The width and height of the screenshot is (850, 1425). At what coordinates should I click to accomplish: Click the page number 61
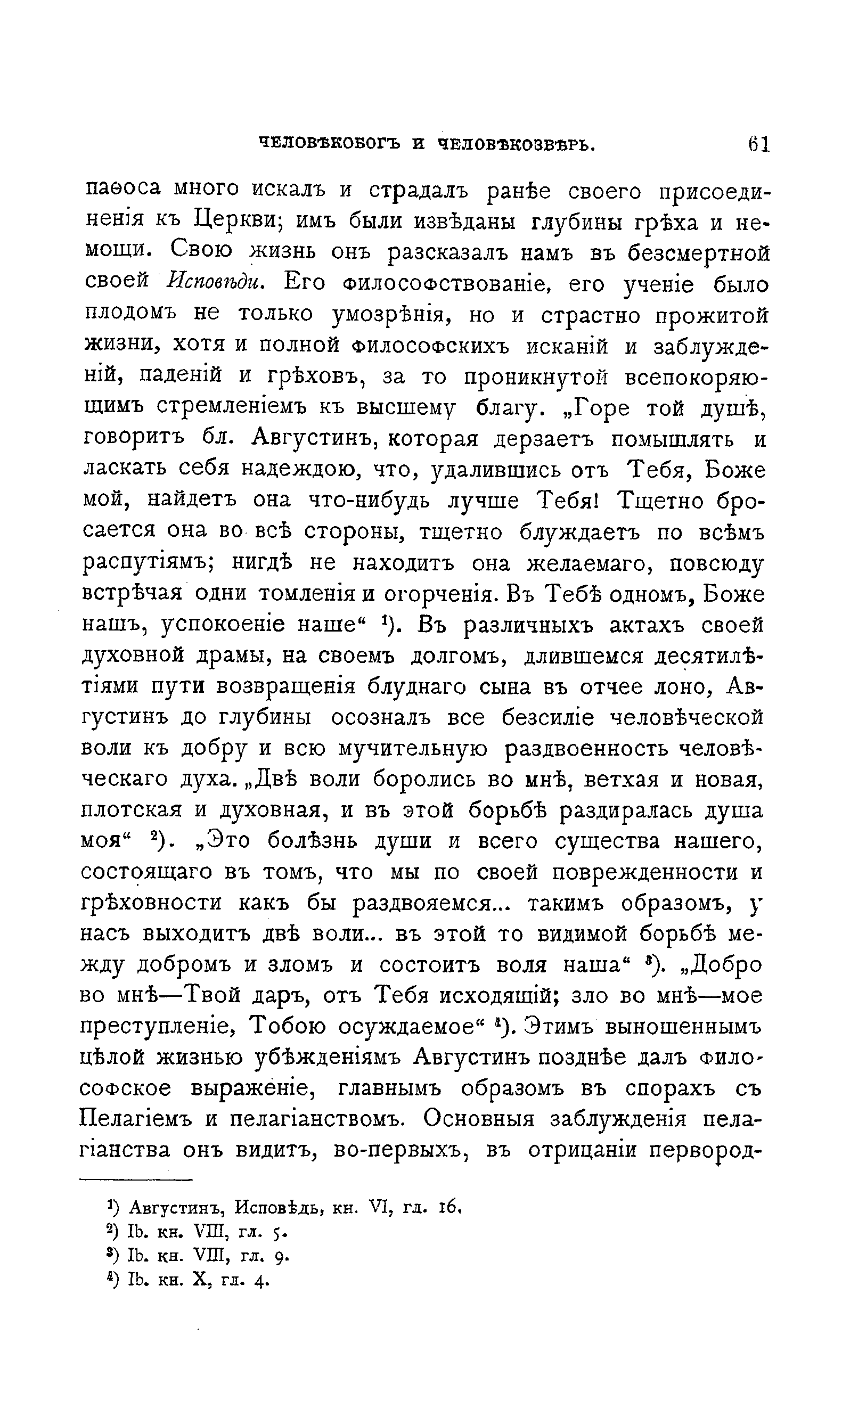[x=758, y=143]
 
